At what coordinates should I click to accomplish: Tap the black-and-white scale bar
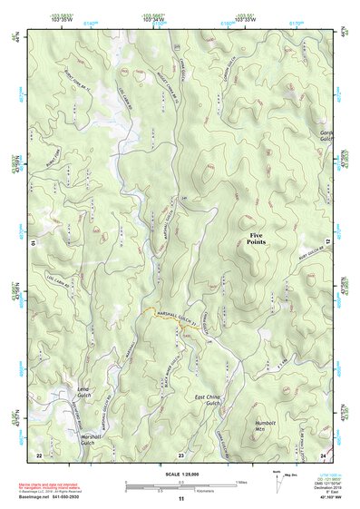click(180, 484)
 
